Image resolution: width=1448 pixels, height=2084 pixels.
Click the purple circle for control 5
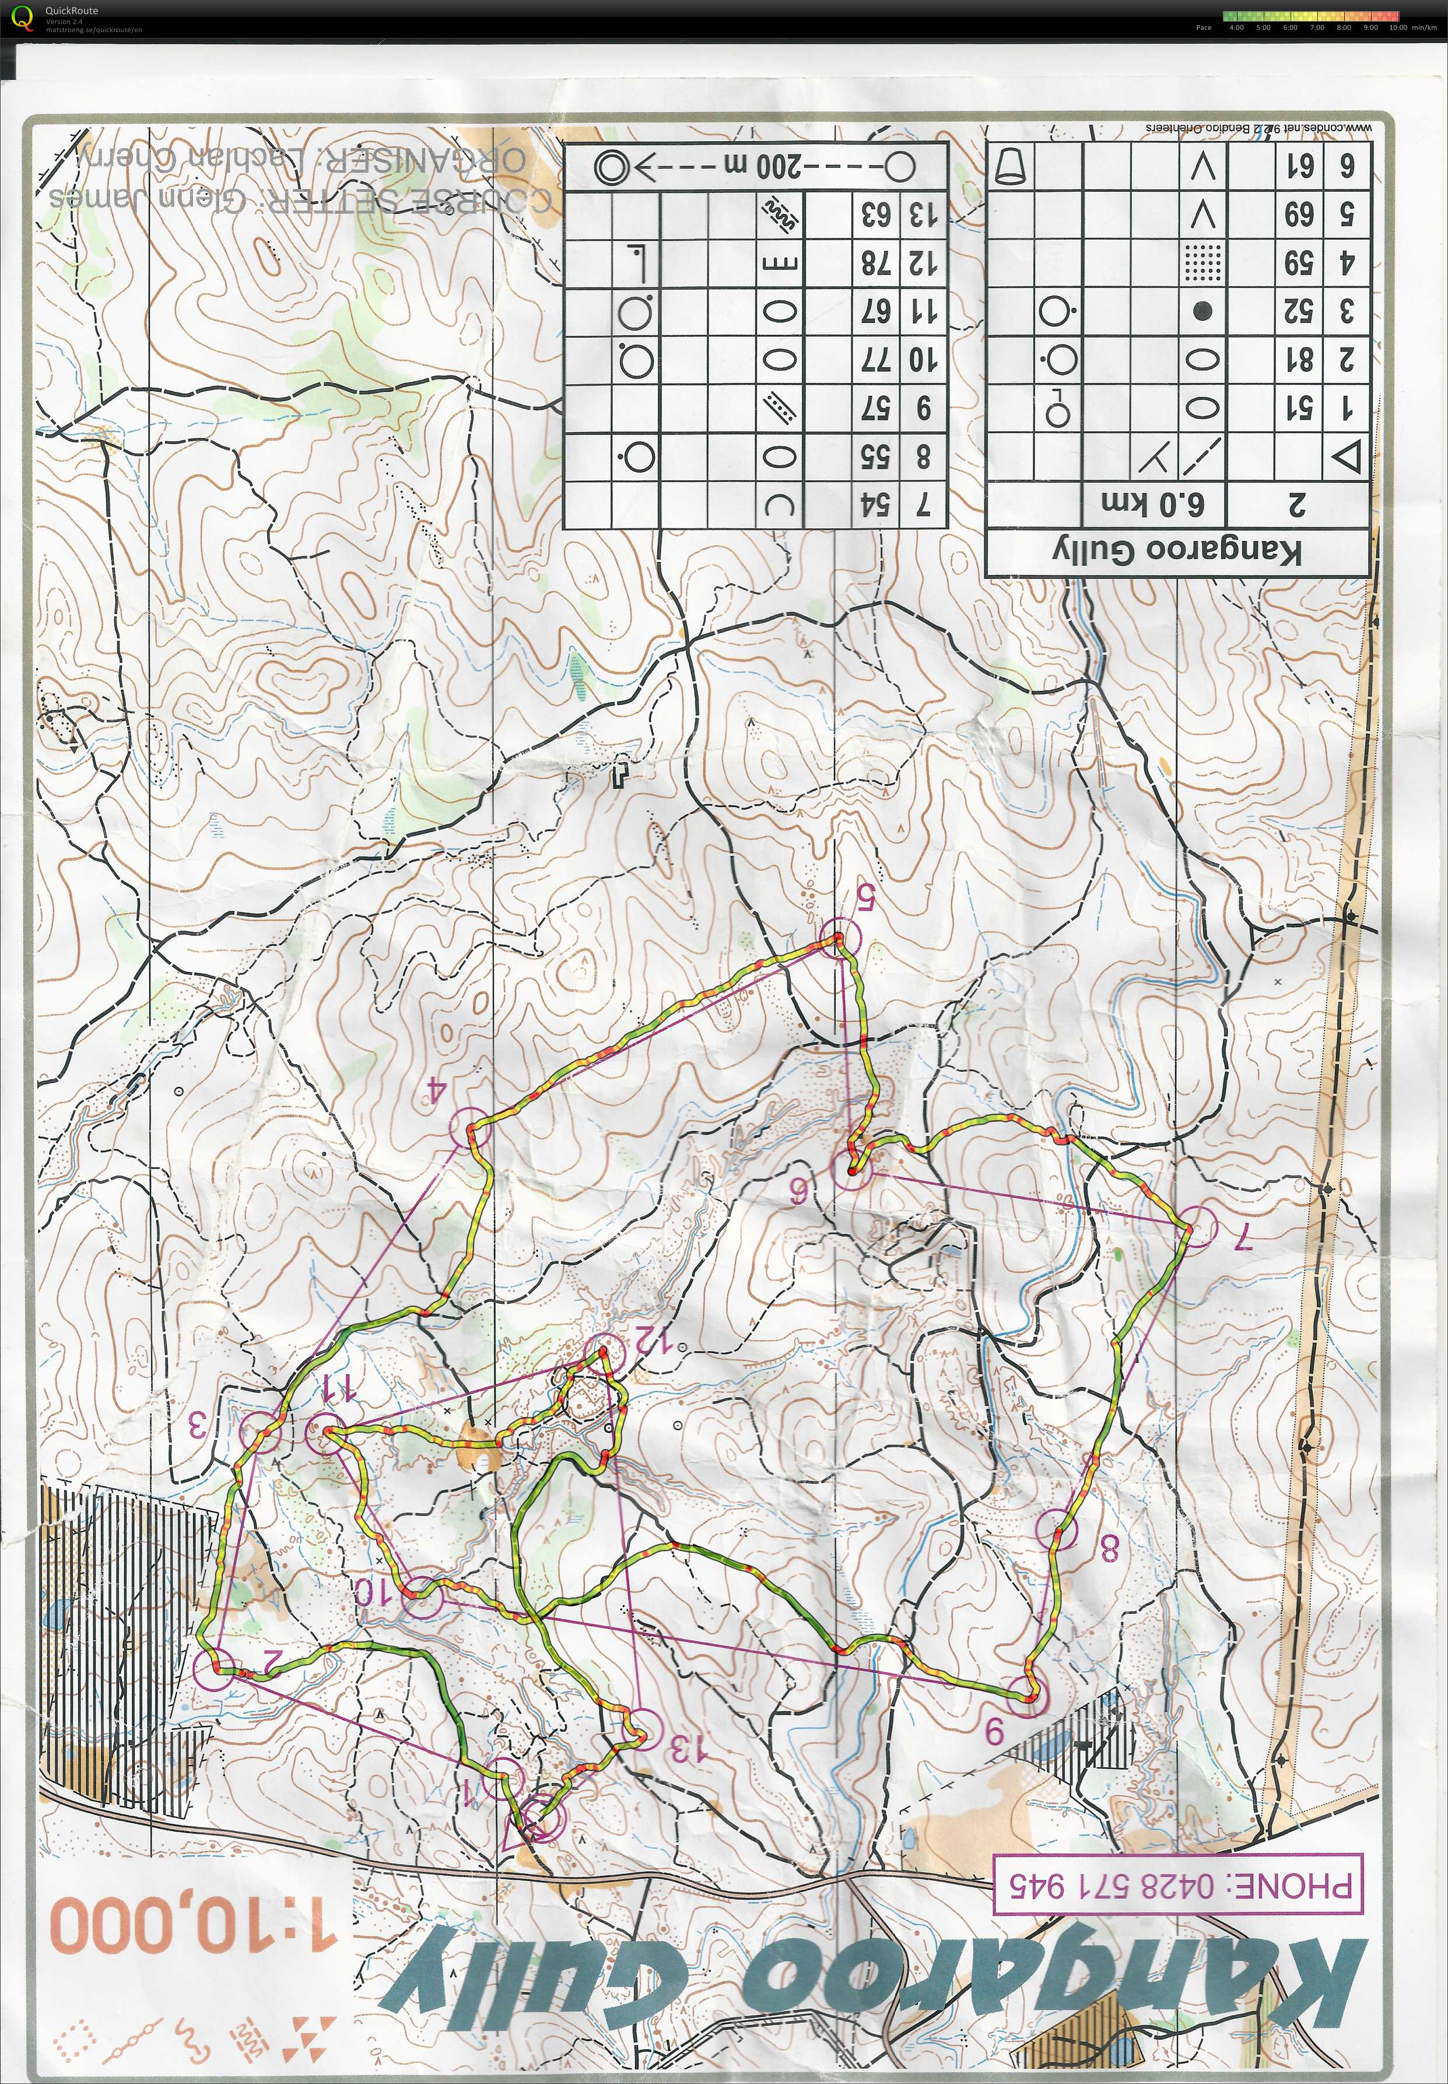[839, 937]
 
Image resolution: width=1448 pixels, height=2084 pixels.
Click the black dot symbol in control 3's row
[1202, 312]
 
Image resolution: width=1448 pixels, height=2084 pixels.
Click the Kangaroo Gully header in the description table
[1177, 550]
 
